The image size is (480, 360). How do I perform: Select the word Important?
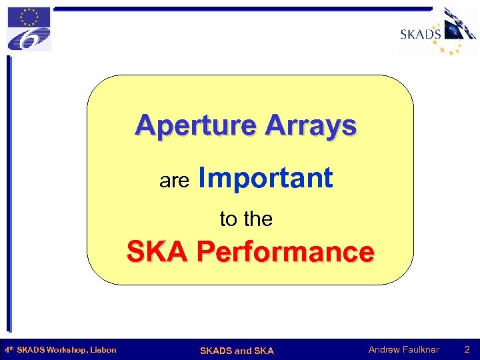(x=265, y=178)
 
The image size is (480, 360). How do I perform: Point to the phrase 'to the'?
(x=246, y=219)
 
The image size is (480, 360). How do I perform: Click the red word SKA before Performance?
(x=157, y=253)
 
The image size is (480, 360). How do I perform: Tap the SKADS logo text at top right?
(x=420, y=33)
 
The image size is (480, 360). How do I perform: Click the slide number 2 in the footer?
(x=467, y=349)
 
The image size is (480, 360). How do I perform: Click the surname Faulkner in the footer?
(x=421, y=349)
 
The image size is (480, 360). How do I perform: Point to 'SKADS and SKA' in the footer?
(x=237, y=350)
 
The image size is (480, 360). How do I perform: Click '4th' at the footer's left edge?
(x=9, y=349)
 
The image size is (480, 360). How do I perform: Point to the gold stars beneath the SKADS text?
(x=447, y=47)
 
